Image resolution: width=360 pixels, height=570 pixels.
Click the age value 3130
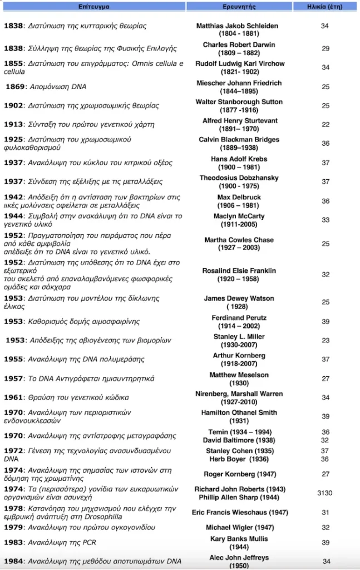pyautogui.click(x=326, y=493)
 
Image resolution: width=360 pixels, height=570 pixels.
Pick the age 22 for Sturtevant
pyautogui.click(x=326, y=124)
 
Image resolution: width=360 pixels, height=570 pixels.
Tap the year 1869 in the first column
pyautogui.click(x=16, y=87)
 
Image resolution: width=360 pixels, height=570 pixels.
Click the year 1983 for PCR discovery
pyautogui.click(x=13, y=543)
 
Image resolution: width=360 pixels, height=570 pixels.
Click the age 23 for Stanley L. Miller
pyautogui.click(x=326, y=340)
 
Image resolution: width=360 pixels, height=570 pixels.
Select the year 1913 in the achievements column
pyautogui.click(x=13, y=124)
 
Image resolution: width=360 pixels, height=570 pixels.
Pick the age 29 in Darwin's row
pyautogui.click(x=326, y=49)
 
